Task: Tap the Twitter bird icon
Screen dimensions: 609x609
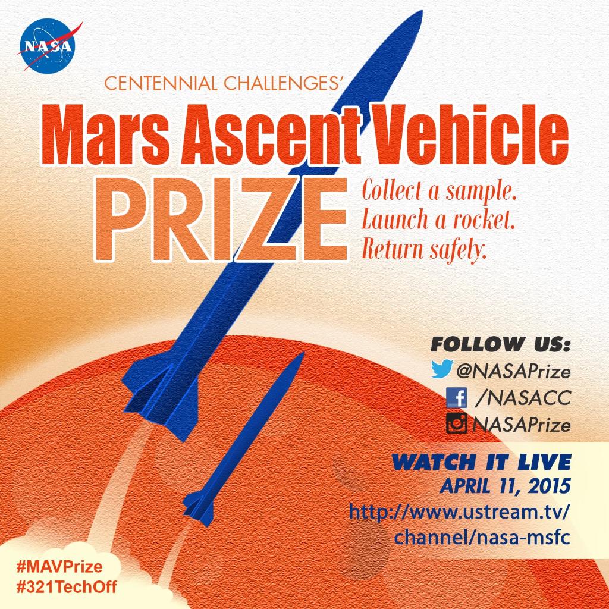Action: tap(443, 371)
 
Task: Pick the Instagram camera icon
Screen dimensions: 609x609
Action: tap(456, 424)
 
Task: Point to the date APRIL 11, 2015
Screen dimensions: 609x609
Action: tap(505, 487)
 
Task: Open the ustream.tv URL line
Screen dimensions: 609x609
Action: tap(460, 511)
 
